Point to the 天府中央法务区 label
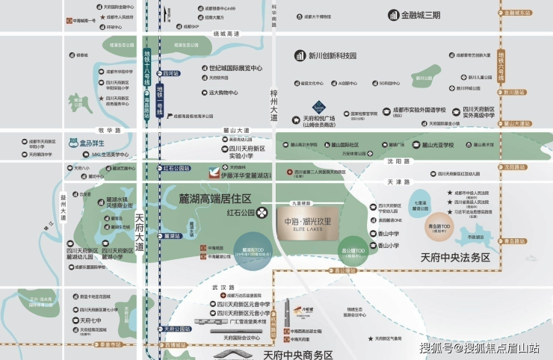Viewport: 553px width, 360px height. point(454,258)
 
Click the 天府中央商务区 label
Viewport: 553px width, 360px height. point(297,354)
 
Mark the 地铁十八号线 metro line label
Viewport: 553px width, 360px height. point(147,66)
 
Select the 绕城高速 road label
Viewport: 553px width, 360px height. point(226,34)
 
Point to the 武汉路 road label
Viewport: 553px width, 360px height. point(223,288)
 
